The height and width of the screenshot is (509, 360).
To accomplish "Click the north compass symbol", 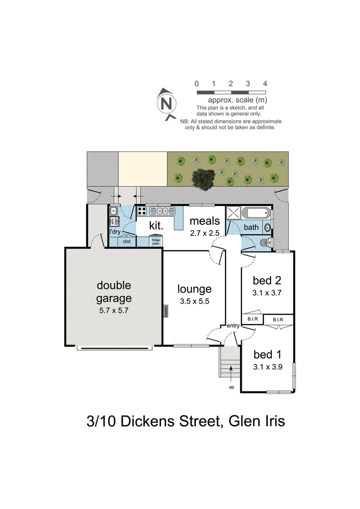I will pos(166,103).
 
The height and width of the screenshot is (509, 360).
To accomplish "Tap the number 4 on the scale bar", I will pos(265,83).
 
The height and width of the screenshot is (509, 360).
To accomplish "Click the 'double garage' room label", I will pos(114,292).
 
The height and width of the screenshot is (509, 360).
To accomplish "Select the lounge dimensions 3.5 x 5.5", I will pos(194,301).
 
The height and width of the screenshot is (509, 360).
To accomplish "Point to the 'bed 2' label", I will pos(267,281).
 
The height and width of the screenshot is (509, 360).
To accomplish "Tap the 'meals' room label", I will pos(205,221).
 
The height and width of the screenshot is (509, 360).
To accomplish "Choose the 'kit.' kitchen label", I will pos(156,225).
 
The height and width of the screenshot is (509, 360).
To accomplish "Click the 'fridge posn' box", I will pos(155,241).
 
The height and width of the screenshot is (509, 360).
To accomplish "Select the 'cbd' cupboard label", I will pos(126,241).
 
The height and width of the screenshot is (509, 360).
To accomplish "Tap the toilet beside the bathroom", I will pos(264,243).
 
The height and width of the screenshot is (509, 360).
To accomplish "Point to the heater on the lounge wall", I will pos(165,311).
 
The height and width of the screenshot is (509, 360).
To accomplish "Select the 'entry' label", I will pos(233,326).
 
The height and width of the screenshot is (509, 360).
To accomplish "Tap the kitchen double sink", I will pos(163,211).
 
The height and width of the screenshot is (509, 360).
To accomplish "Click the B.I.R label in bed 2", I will pos(250,319).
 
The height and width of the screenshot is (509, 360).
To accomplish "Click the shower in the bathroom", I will pos(233,213).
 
